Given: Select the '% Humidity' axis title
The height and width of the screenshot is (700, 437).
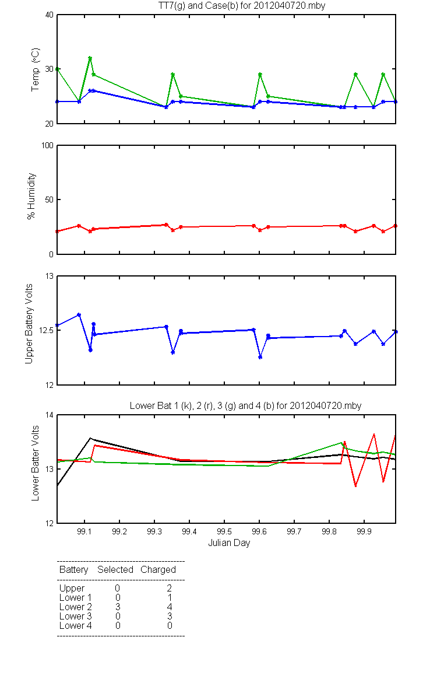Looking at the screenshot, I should pyautogui.click(x=32, y=196).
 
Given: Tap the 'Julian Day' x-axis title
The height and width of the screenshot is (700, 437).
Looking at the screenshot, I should pyautogui.click(x=229, y=542).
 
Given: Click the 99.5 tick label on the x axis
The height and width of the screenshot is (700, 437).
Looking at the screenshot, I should pyautogui.click(x=224, y=532).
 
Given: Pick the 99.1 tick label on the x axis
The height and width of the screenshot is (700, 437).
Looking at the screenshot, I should pyautogui.click(x=85, y=532).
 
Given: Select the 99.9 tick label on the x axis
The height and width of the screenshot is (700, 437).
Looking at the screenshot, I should pyautogui.click(x=364, y=532).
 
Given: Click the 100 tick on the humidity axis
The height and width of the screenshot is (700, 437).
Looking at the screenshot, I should pyautogui.click(x=46, y=145).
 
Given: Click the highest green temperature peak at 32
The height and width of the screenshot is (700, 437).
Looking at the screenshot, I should pyautogui.click(x=90, y=58).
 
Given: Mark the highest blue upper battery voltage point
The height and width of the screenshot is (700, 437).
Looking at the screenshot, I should pyautogui.click(x=79, y=315).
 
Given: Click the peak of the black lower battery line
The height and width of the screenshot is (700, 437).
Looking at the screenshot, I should pyautogui.click(x=91, y=438).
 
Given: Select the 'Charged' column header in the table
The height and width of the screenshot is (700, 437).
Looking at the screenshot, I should pyautogui.click(x=158, y=569).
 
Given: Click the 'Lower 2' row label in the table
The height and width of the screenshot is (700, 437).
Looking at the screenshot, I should pyautogui.click(x=75, y=607).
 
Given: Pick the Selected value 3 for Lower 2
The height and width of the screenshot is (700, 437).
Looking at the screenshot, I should pyautogui.click(x=117, y=607).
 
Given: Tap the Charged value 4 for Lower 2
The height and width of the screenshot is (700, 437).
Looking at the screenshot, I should pyautogui.click(x=169, y=607).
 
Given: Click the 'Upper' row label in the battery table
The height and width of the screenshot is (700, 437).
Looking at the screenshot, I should pyautogui.click(x=72, y=588).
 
